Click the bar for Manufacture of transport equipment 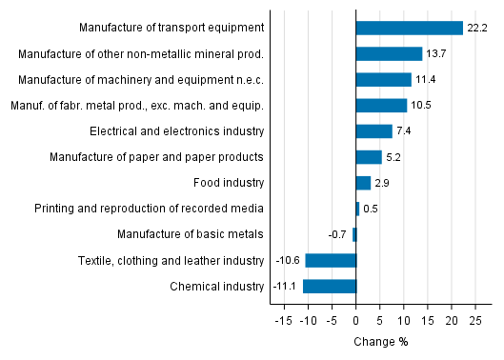point(409,29)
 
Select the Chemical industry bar point(330,286)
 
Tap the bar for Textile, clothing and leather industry point(331,260)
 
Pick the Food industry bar point(363,183)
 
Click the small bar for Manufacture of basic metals point(354,234)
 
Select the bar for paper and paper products point(369,157)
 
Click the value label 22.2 point(477,29)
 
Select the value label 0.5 point(371,209)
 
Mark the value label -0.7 point(338,234)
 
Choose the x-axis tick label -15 point(282,321)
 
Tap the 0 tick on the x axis point(356,321)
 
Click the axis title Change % point(380,342)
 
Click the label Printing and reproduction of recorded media point(149,209)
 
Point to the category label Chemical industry point(217,286)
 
